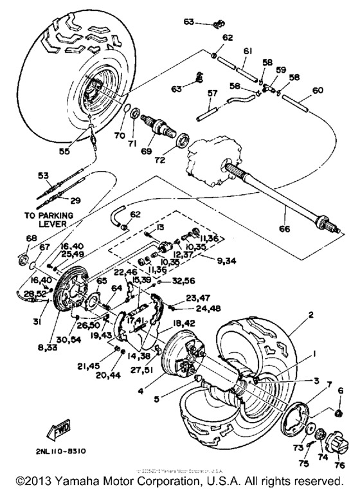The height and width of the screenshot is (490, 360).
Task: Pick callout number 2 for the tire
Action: click(311, 315)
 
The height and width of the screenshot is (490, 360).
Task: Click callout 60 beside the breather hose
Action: click(317, 90)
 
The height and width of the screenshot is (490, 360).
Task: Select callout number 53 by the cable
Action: click(43, 175)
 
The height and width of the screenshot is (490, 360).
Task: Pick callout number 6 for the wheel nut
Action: click(341, 390)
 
